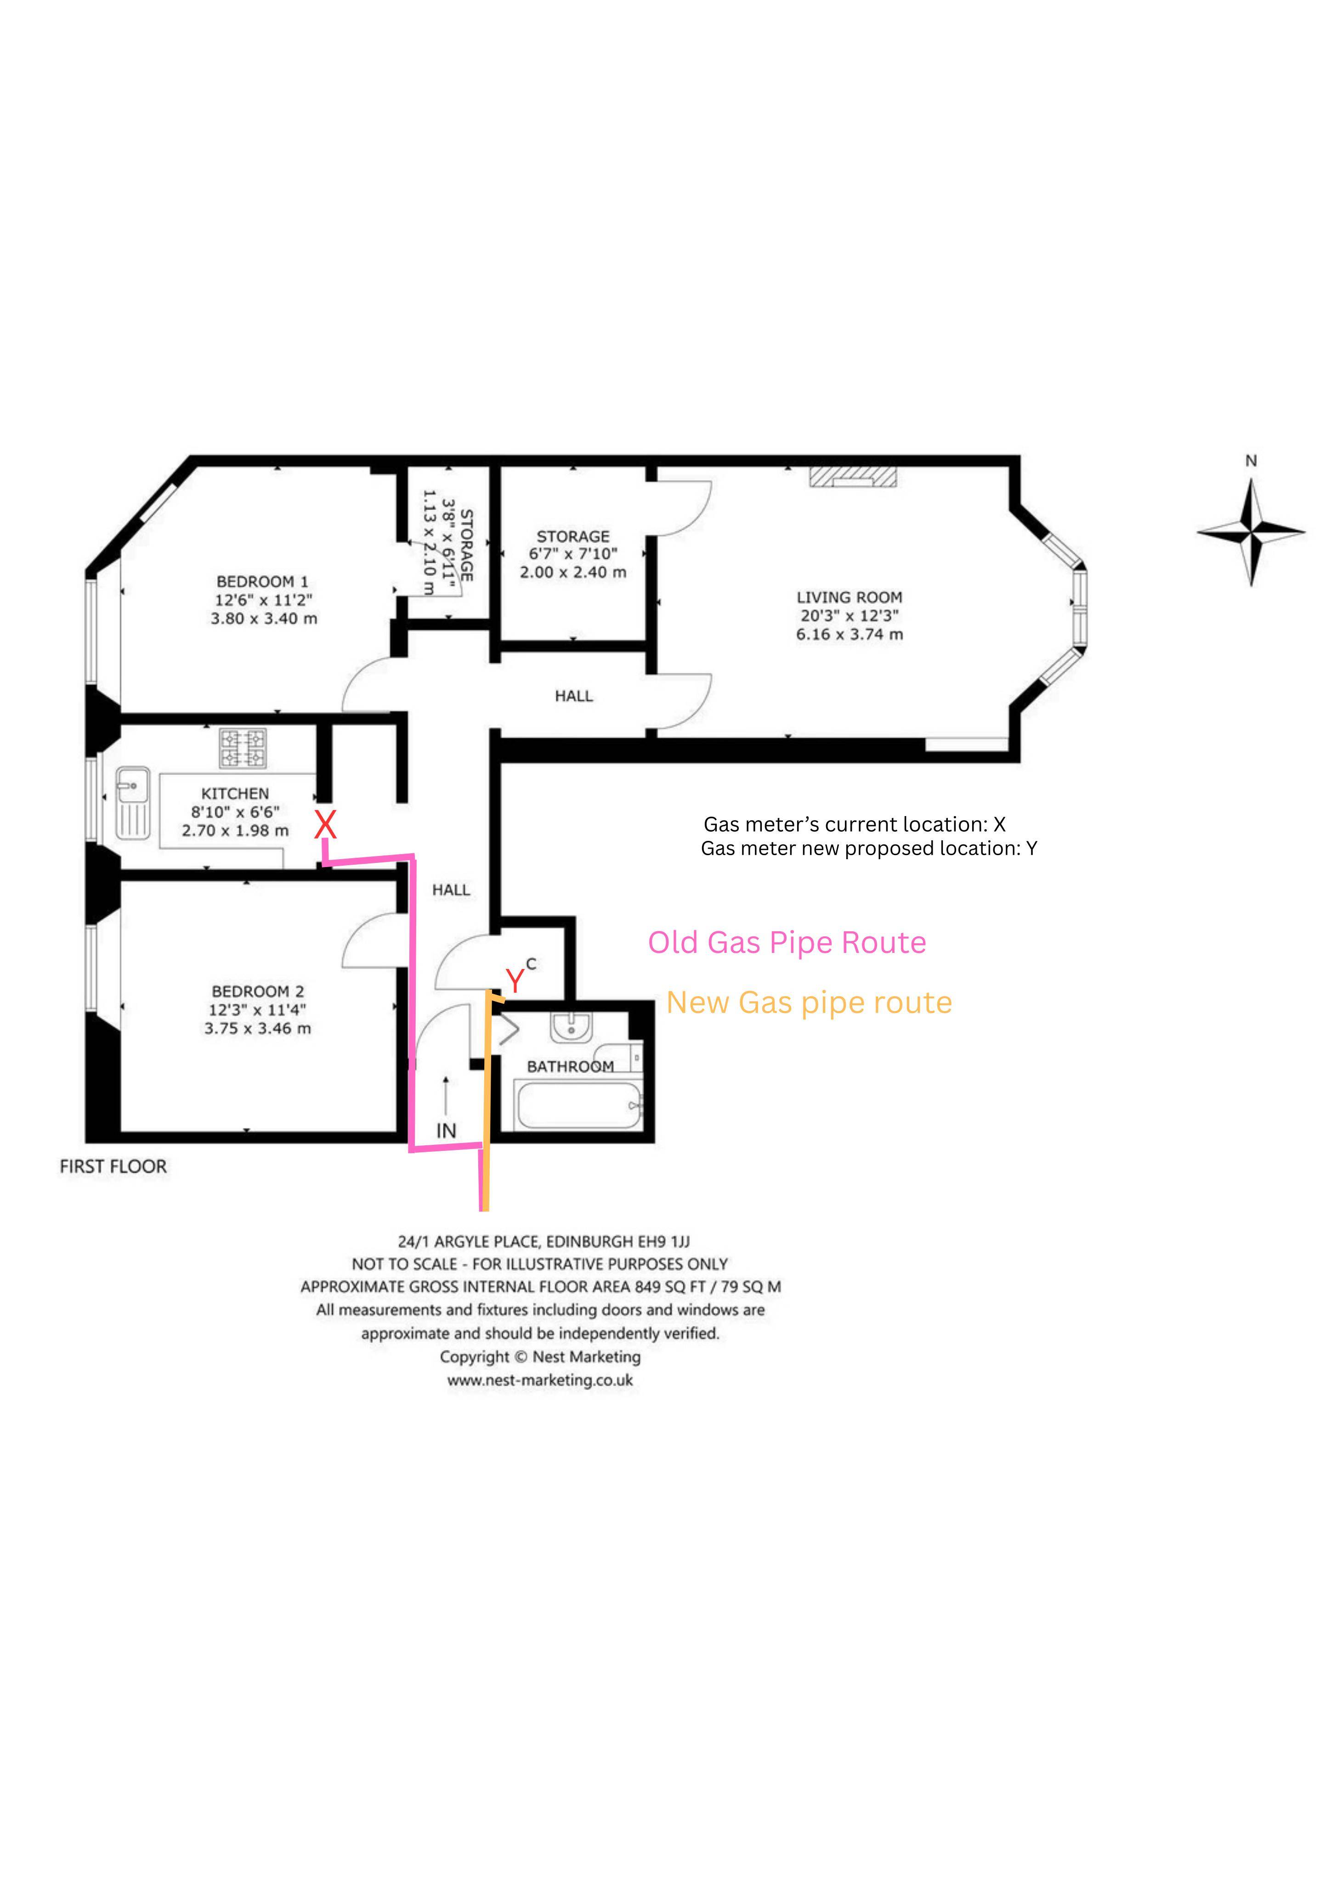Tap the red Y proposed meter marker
(515, 980)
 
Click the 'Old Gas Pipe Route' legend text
(787, 942)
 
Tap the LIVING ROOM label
(849, 597)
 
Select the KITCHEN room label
(235, 793)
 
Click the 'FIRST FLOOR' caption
(113, 1166)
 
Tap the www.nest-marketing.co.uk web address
(540, 1380)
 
